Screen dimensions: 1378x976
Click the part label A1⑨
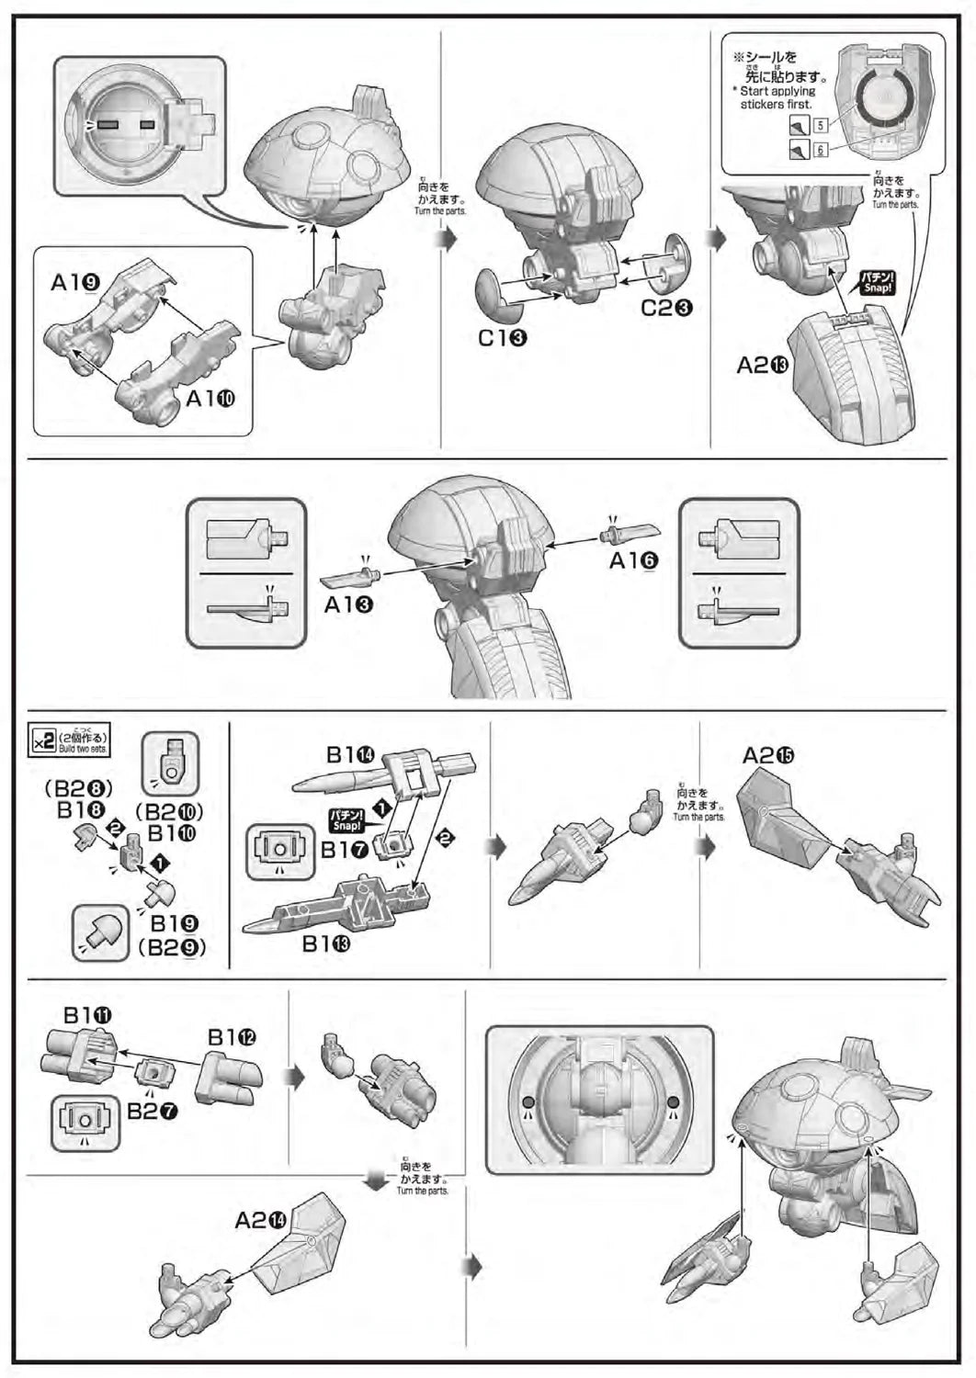click(x=75, y=283)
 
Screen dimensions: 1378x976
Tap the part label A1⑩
click(x=211, y=399)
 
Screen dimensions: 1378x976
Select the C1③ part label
click(x=502, y=338)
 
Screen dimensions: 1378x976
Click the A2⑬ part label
click(x=763, y=366)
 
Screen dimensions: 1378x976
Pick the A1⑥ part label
click(x=634, y=559)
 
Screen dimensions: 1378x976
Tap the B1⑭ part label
click(x=350, y=755)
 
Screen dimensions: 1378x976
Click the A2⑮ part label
click(x=768, y=755)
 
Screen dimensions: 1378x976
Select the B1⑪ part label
click(x=88, y=1015)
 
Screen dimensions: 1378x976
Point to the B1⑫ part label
click(x=232, y=1037)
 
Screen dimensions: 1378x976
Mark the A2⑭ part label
click(x=261, y=1220)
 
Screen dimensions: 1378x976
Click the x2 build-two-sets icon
click(x=44, y=740)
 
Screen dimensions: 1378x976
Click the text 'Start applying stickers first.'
click(x=777, y=97)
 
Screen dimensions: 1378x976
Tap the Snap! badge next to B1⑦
click(x=346, y=819)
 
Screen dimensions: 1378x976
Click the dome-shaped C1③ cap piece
click(x=496, y=293)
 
